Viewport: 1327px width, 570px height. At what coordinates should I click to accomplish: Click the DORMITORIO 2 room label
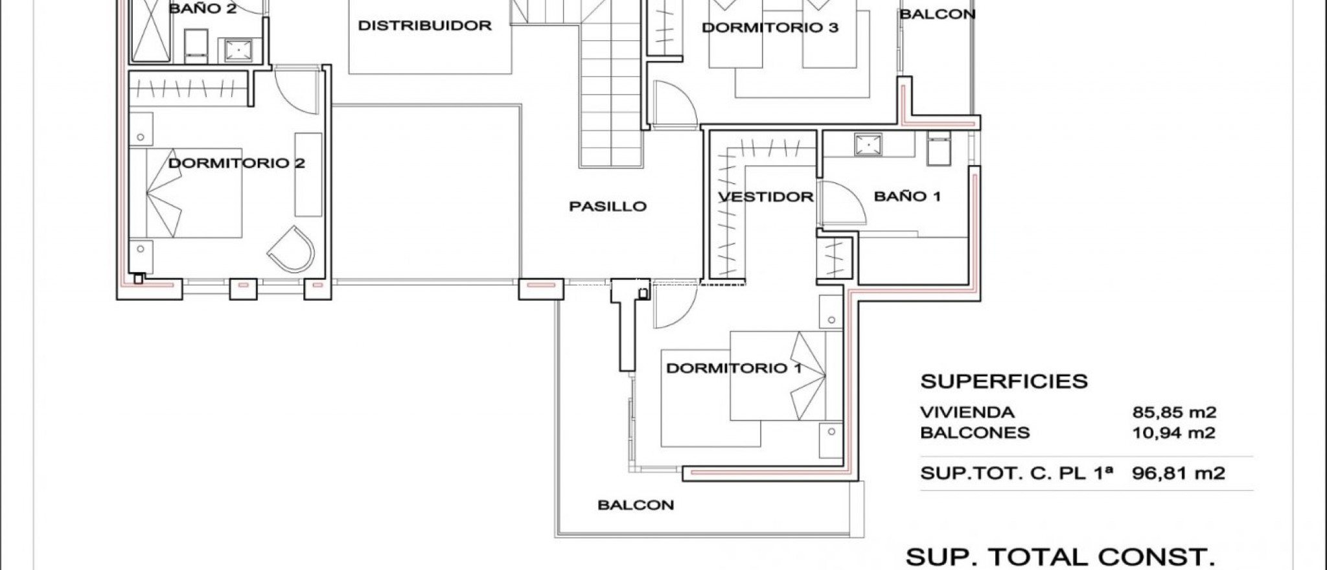pos(237,163)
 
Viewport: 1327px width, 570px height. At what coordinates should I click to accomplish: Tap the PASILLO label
pos(608,207)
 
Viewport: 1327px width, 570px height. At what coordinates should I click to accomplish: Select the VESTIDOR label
pos(766,197)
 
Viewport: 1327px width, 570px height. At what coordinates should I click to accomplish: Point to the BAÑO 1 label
pos(907,196)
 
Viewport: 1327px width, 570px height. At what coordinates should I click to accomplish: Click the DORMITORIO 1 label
pos(733,369)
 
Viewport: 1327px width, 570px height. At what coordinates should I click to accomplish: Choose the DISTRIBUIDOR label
pos(424,26)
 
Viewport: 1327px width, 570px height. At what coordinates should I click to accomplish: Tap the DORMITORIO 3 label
pos(770,28)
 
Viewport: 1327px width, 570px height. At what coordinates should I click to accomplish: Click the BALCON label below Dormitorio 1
pos(636,505)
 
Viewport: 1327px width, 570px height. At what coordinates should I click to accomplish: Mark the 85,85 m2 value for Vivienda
pos(1174,413)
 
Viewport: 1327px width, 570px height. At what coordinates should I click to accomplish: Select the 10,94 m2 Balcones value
pos(1173,433)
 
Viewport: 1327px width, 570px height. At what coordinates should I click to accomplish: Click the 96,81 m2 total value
pos(1178,473)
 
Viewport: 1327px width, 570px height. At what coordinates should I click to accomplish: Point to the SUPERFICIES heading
pos(1004,382)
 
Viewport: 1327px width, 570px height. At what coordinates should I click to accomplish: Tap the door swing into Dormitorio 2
pos(295,91)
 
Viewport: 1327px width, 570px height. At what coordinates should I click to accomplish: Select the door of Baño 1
pos(842,204)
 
